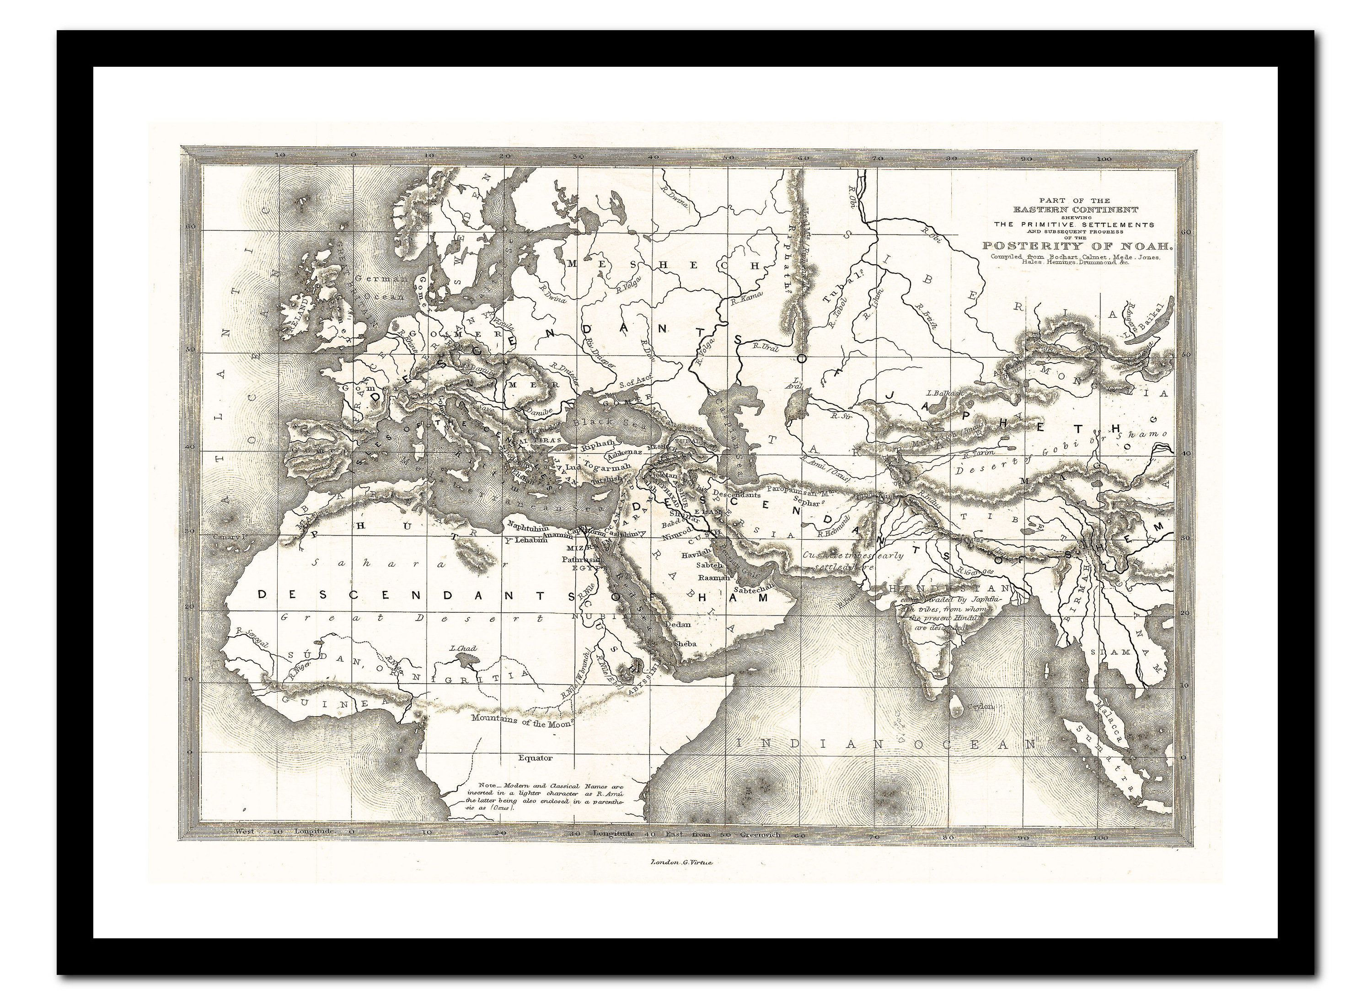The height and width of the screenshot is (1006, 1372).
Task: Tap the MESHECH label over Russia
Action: (661, 266)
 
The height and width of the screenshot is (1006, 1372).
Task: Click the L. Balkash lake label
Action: (943, 393)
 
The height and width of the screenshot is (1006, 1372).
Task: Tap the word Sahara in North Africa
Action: (365, 563)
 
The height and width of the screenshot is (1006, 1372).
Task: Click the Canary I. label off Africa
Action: (228, 537)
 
